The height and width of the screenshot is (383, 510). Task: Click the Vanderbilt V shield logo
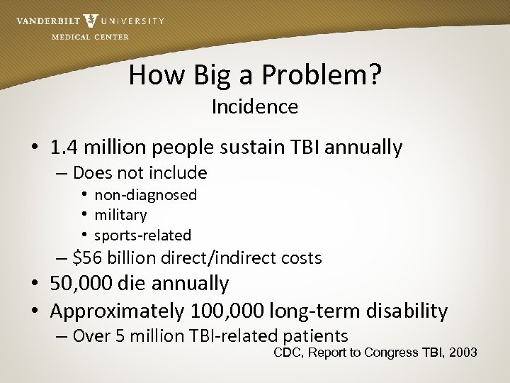pos(91,21)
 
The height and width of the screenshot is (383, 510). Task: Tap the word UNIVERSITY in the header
pos(132,21)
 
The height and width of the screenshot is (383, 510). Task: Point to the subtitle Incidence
pos(254,107)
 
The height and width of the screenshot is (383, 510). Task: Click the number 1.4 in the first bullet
pos(63,148)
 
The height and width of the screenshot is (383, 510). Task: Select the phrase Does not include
pos(140,172)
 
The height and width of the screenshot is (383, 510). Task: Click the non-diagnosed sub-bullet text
pos(145,194)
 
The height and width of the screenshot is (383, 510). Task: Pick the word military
pos(120,214)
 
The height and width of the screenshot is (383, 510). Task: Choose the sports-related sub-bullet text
pos(142,235)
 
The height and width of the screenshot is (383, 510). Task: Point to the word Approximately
pos(118,311)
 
